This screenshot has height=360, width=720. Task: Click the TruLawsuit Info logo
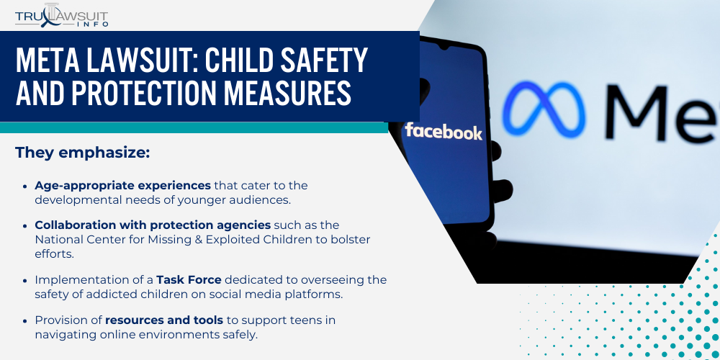tap(61, 15)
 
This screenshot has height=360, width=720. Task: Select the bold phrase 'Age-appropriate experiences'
tap(123, 185)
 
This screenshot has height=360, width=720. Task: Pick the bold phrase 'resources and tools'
tap(164, 320)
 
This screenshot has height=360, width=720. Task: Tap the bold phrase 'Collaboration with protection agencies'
tap(153, 225)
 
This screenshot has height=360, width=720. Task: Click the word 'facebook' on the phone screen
tap(444, 132)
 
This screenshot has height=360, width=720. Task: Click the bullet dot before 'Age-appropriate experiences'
tap(27, 186)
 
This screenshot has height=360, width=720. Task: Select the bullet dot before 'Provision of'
tap(27, 320)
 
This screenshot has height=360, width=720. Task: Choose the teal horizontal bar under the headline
tap(194, 127)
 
